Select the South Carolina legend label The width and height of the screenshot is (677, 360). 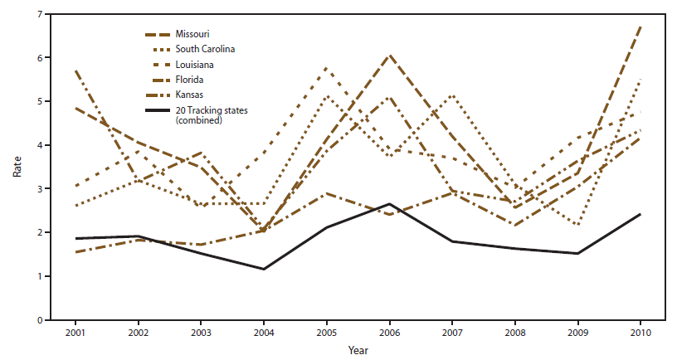(204, 49)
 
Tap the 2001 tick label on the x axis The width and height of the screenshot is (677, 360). (75, 332)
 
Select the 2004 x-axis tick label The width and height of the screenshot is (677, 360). (264, 332)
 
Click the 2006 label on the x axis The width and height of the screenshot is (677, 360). (389, 332)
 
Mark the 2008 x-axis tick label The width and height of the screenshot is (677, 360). (514, 332)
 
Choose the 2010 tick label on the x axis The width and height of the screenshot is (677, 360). (640, 332)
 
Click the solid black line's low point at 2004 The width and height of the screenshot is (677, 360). (264, 269)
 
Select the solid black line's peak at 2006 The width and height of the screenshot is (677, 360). (389, 204)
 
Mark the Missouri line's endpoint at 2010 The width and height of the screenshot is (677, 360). (640, 27)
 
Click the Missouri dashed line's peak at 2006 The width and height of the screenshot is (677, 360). (389, 56)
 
